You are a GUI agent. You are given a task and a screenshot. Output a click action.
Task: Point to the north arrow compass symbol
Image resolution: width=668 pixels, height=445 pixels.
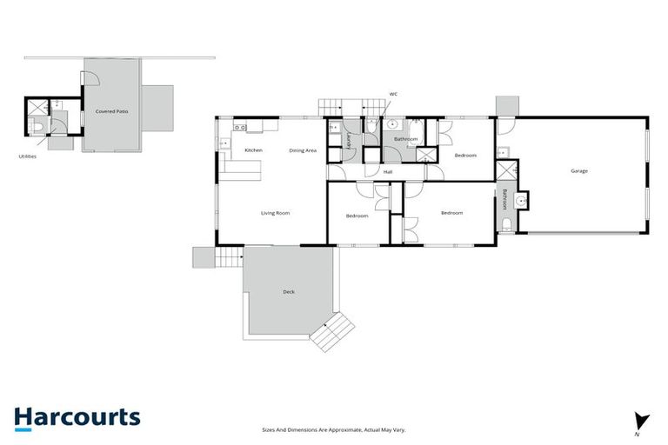click(642, 422)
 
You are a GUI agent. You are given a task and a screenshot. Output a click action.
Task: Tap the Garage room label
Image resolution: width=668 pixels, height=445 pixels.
click(578, 171)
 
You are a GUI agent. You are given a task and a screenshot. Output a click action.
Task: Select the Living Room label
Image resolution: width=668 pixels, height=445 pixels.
click(275, 213)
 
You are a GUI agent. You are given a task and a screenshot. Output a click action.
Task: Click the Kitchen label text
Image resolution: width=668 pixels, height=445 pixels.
click(253, 150)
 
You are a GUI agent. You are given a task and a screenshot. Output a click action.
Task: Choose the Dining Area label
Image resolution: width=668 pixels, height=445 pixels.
click(303, 150)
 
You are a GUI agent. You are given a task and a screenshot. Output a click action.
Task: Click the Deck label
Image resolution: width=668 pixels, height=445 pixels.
click(289, 292)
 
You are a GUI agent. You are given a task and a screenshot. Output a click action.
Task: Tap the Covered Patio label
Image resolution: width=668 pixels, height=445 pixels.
click(112, 112)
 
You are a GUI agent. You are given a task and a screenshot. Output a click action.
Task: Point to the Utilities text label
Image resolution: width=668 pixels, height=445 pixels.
click(27, 157)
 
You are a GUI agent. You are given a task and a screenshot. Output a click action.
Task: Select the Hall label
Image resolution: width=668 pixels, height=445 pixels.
click(388, 172)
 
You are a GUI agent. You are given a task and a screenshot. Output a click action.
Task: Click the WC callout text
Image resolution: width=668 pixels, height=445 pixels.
click(393, 94)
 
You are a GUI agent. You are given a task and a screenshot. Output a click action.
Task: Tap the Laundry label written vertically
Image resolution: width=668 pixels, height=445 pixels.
click(348, 142)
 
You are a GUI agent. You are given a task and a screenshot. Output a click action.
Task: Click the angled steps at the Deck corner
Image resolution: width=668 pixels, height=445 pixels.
click(333, 330)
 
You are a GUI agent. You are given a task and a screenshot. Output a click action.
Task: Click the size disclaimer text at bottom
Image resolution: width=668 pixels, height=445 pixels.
click(334, 429)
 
